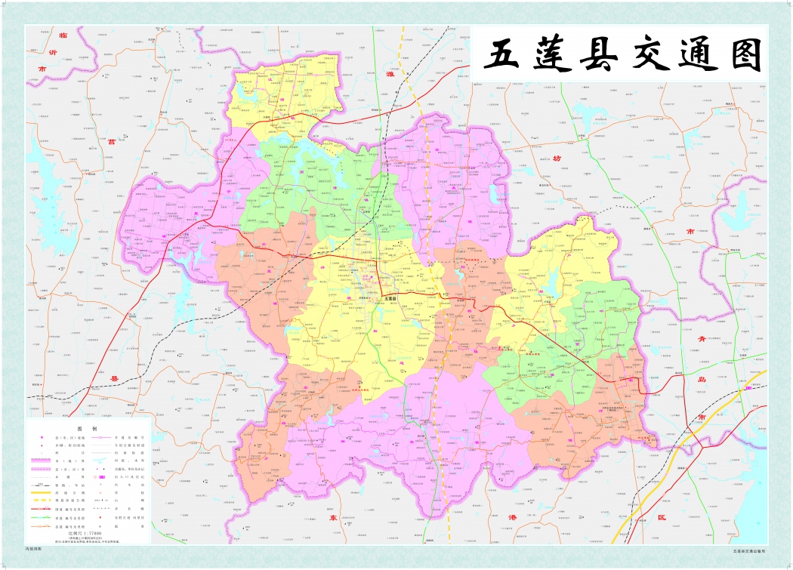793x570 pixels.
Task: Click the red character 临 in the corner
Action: coord(63,35)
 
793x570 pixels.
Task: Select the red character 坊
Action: coord(557,158)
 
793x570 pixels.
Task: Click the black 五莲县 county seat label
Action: coord(390,299)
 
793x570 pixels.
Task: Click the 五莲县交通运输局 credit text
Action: coord(748,550)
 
